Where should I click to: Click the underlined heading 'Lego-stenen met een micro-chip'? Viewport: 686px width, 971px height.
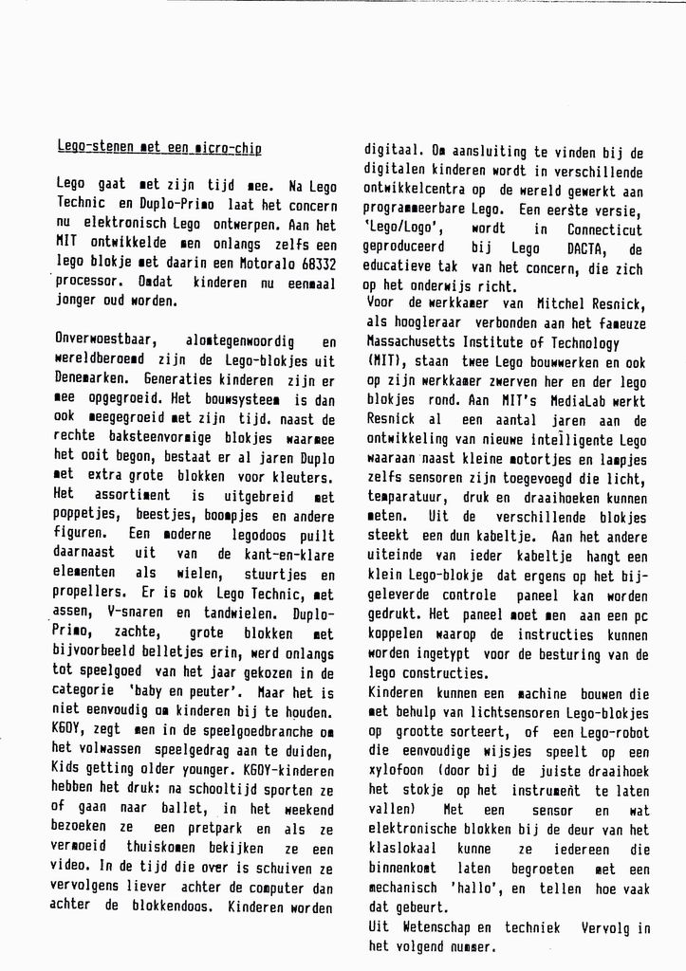pyautogui.click(x=159, y=148)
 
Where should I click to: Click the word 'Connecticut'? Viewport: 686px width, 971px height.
pyautogui.click(x=604, y=229)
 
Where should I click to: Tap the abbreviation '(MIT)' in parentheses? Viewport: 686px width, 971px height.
pyautogui.click(x=383, y=361)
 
